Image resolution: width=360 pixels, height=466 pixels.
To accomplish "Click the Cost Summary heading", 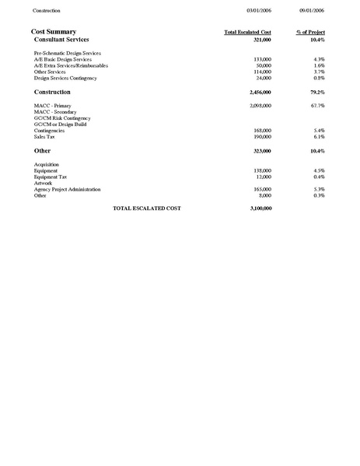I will click(54, 31).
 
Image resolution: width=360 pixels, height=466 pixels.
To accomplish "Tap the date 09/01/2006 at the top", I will click(311, 10).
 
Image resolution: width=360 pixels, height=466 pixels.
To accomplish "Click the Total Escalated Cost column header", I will click(247, 32).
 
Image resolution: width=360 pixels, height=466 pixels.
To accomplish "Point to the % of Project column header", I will click(310, 32).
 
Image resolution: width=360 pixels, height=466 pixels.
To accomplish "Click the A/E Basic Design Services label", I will click(63, 59).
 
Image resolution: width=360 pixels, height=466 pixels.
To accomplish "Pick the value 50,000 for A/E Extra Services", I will click(264, 65).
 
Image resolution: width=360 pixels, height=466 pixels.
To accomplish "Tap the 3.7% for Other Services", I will click(319, 72).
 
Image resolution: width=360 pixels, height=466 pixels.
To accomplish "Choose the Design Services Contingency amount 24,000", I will click(264, 78).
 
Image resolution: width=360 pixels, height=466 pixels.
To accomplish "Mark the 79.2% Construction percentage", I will click(315, 92).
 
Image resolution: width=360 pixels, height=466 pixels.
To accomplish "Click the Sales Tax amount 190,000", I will click(262, 136).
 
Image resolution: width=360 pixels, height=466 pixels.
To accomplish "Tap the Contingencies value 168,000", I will click(262, 130).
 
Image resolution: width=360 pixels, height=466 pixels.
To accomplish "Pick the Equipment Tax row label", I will click(51, 177).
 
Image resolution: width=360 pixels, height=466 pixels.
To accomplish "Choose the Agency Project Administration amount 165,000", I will click(262, 189).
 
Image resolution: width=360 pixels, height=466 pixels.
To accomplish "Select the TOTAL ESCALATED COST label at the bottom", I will click(147, 209).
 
